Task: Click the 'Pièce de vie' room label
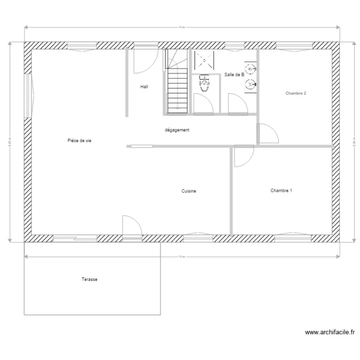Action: pyautogui.click(x=80, y=141)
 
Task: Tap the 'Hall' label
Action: pyautogui.click(x=144, y=87)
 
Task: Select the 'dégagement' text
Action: pyautogui.click(x=177, y=130)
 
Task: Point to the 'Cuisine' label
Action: pyautogui.click(x=189, y=191)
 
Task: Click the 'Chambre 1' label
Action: pyautogui.click(x=281, y=191)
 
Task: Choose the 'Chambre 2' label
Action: pyautogui.click(x=296, y=94)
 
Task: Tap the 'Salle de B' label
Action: pyautogui.click(x=234, y=75)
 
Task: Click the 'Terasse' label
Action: pyautogui.click(x=90, y=279)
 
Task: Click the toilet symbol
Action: pyautogui.click(x=205, y=85)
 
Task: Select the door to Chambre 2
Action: pyautogui.click(x=267, y=133)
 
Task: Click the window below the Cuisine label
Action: pyautogui.click(x=198, y=236)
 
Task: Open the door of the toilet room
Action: pyautogui.click(x=203, y=104)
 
